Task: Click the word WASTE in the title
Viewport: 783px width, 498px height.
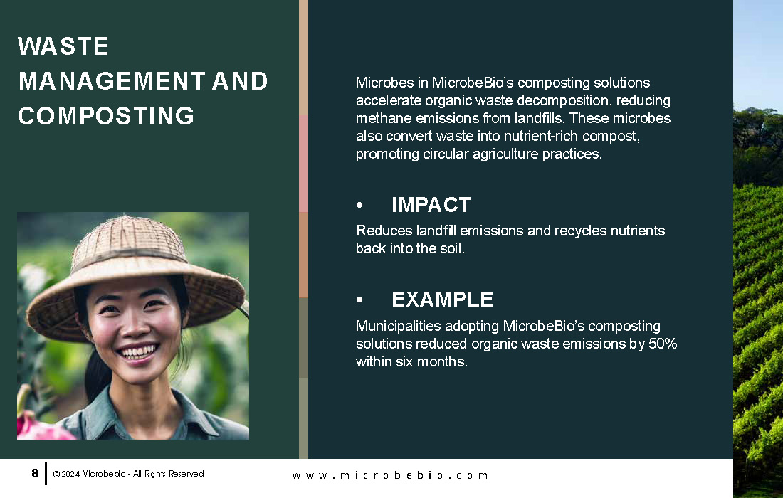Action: [x=63, y=46]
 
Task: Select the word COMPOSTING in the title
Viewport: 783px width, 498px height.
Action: [x=106, y=116]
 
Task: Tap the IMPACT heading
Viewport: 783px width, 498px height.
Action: [x=431, y=205]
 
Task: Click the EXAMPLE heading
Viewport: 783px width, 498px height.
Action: [x=443, y=300]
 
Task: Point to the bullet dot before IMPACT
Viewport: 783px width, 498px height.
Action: [x=359, y=205]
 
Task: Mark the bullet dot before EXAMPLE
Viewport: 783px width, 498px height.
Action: [x=359, y=300]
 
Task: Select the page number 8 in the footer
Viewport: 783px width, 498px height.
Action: [x=35, y=473]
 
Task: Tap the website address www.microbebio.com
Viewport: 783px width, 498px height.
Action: [x=390, y=475]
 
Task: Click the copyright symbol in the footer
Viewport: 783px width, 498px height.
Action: [x=56, y=474]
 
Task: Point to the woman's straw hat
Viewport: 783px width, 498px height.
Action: [x=135, y=275]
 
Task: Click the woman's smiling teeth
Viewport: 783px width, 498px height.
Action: [x=137, y=351]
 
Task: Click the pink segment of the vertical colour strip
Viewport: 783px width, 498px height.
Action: [x=304, y=164]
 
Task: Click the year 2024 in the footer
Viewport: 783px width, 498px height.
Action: [x=70, y=474]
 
